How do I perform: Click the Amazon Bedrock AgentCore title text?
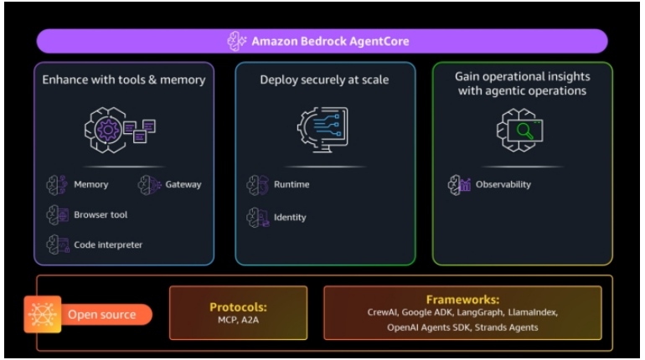pos(331,40)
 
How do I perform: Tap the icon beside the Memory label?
pos(57,184)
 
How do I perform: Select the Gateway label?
pos(183,184)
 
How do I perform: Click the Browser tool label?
pos(101,215)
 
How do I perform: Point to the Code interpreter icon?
pos(57,244)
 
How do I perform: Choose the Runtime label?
pos(292,184)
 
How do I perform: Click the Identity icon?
pos(257,218)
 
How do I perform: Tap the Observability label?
pos(503,184)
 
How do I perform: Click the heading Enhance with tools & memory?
pos(124,80)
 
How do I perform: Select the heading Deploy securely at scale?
pos(324,80)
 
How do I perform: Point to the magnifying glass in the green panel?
pos(526,131)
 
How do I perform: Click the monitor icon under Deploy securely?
pos(323,131)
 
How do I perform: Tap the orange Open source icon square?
pos(43,315)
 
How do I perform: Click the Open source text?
pos(101,315)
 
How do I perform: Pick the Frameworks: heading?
pos(462,299)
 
